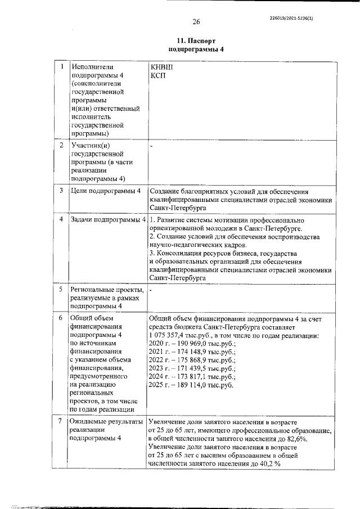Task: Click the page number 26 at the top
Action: [x=196, y=22]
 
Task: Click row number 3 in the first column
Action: [x=61, y=191]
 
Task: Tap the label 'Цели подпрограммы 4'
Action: [x=105, y=191]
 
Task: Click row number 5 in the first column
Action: [x=61, y=289]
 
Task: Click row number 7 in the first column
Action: [x=61, y=421]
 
